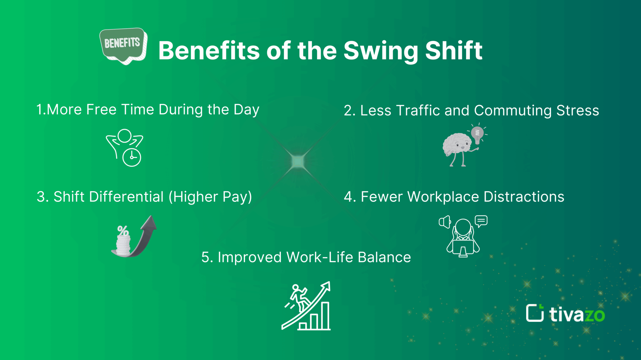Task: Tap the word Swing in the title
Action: (x=381, y=51)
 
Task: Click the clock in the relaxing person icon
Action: (x=132, y=157)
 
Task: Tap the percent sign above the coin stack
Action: (x=123, y=231)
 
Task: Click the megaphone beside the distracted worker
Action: (x=444, y=222)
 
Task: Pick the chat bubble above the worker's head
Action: (x=481, y=221)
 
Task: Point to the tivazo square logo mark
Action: (x=535, y=313)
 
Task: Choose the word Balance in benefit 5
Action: (x=384, y=257)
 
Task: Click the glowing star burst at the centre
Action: (x=298, y=161)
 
